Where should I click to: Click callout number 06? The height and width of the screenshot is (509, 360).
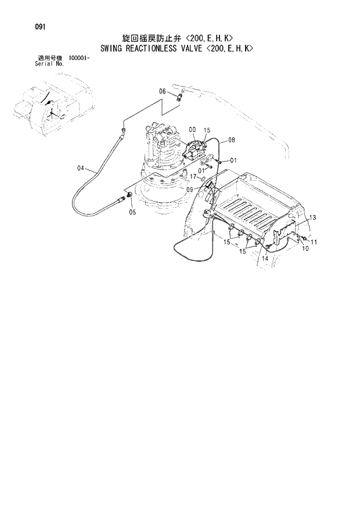pos(163,91)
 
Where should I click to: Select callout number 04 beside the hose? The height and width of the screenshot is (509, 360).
pos(81,169)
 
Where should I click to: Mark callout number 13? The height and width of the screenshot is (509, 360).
pos(312,217)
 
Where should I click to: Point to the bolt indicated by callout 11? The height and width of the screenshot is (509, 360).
pos(303,238)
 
